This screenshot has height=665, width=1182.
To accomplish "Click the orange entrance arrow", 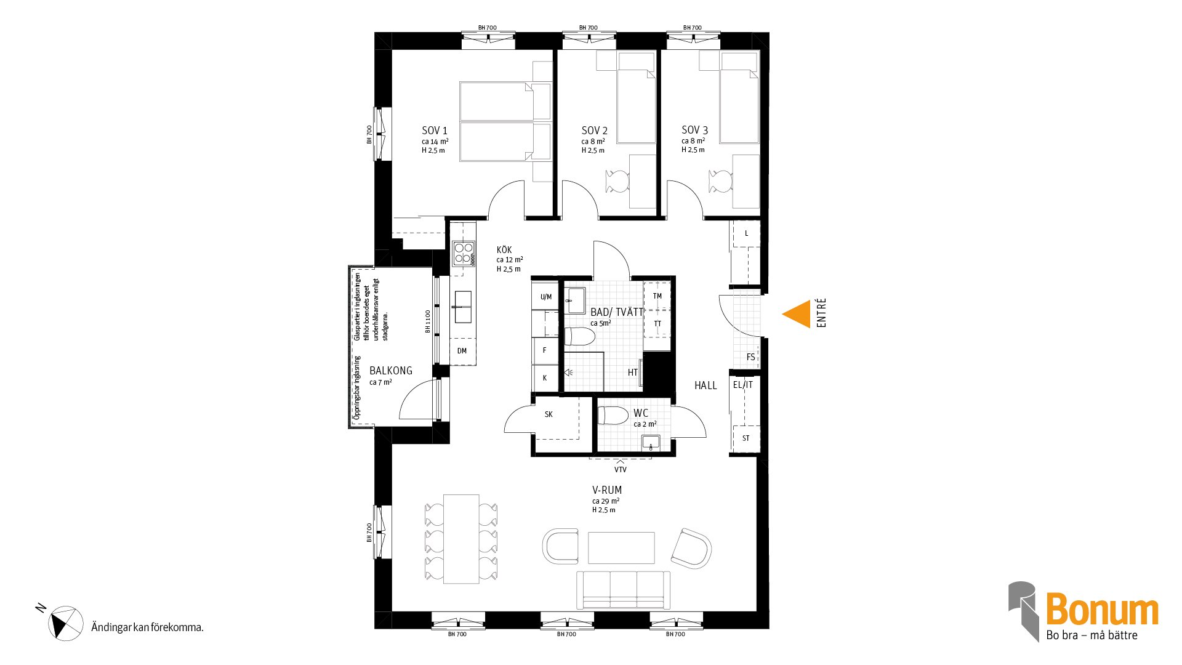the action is click(x=797, y=314).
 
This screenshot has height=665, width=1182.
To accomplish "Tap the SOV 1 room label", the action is click(x=435, y=131).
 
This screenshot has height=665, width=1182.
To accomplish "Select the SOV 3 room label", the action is click(x=694, y=130).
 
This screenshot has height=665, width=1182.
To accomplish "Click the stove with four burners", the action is click(x=464, y=254).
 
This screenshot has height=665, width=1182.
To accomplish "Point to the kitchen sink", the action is click(x=463, y=307).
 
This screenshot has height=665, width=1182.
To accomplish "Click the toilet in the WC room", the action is click(x=613, y=416).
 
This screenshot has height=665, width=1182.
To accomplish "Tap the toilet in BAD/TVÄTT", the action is click(x=579, y=337).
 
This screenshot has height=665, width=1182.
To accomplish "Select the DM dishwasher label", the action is click(x=462, y=351).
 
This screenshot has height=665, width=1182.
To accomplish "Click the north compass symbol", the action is click(x=65, y=623).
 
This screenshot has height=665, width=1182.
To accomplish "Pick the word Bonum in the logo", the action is click(x=1102, y=610).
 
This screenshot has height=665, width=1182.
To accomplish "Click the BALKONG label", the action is click(x=391, y=371).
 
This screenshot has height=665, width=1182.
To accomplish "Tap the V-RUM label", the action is click(x=607, y=490).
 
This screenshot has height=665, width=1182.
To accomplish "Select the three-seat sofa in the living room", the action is click(x=623, y=590).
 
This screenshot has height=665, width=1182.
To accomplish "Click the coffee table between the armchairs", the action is click(x=621, y=548).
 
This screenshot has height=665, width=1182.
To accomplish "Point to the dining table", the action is click(x=461, y=539).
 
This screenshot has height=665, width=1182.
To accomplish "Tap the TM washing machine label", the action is click(x=657, y=296).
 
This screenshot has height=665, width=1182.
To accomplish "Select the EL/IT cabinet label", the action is click(x=743, y=385).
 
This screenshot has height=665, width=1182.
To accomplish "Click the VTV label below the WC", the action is click(x=621, y=470).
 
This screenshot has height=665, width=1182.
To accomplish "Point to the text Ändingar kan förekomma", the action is click(x=147, y=627).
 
